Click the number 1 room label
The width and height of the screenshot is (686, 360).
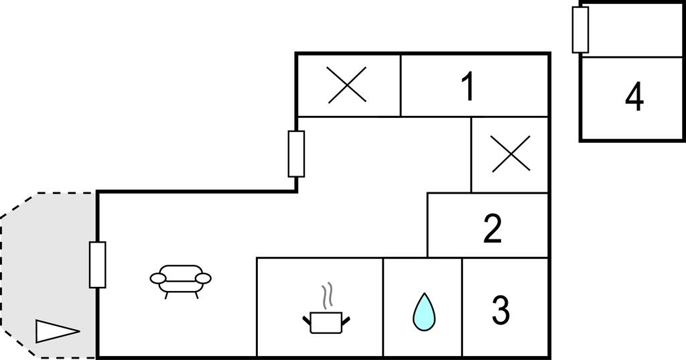(x=468, y=86)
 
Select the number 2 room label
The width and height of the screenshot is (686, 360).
(x=492, y=228)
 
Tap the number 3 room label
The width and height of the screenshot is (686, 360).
(x=500, y=310)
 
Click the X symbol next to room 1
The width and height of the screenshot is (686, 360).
(x=347, y=85)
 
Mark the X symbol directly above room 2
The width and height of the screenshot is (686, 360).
(x=510, y=154)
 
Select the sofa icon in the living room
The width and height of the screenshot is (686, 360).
(x=180, y=281)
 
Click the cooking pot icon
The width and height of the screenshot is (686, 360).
(x=326, y=322)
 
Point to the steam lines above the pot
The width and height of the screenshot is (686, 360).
(x=327, y=296)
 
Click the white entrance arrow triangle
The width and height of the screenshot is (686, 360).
(x=58, y=331)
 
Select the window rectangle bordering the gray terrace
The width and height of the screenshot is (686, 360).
(x=98, y=265)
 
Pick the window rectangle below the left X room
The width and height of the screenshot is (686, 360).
(x=296, y=154)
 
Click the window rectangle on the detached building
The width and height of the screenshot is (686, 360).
(x=581, y=29)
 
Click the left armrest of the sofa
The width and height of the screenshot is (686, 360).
(x=158, y=278)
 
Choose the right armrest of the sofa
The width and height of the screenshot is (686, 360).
(x=203, y=278)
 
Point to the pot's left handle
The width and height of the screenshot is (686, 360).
(x=306, y=320)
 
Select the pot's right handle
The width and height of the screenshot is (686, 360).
(x=346, y=320)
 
